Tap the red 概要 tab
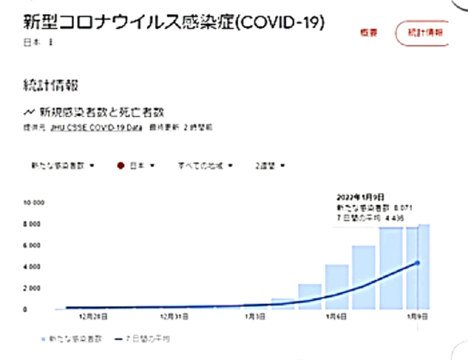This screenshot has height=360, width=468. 368,33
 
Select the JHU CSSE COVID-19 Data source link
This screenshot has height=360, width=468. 89,127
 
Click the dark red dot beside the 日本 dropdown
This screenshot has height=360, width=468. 121,166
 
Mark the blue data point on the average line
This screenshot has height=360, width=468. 417,263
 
